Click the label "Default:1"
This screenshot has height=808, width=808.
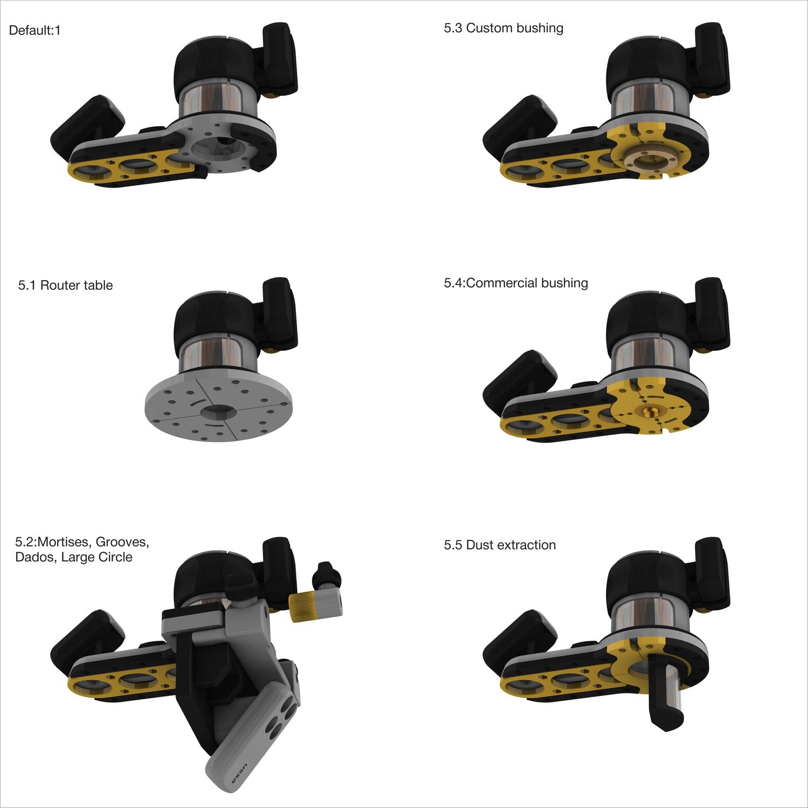(x=35, y=31)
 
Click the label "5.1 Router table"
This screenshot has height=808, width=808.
(x=65, y=285)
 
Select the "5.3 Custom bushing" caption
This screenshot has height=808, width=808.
(x=503, y=28)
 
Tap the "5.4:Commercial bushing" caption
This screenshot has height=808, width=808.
(x=516, y=283)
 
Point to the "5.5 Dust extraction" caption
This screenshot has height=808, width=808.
(x=499, y=545)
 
